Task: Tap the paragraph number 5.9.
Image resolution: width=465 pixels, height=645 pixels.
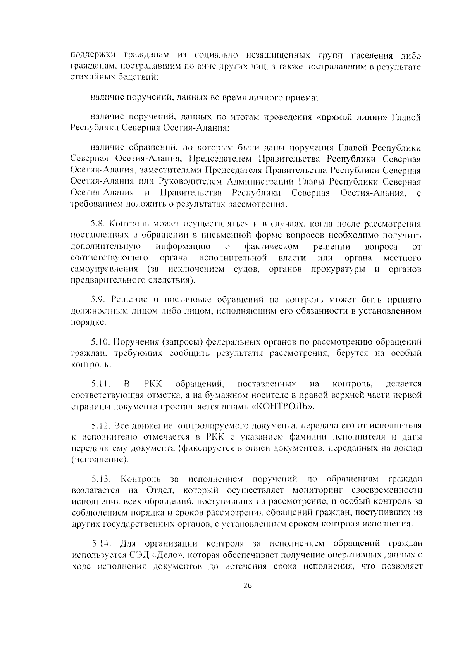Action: (98, 300)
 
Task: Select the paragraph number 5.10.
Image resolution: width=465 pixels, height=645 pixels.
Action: (100, 342)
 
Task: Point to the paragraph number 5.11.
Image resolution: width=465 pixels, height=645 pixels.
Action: (100, 384)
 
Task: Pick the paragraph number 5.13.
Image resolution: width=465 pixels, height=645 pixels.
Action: (101, 479)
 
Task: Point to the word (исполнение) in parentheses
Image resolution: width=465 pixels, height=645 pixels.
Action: (100, 460)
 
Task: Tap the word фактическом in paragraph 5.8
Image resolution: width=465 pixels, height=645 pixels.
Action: (272, 247)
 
